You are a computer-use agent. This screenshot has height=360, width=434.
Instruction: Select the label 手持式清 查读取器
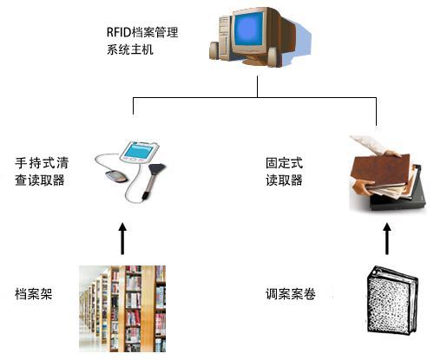tap(42, 171)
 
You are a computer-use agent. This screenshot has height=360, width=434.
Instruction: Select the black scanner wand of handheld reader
tap(157, 178)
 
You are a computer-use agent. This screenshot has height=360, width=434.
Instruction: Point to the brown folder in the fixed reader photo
tap(373, 170)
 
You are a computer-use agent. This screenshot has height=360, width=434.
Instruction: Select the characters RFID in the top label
tap(118, 33)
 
